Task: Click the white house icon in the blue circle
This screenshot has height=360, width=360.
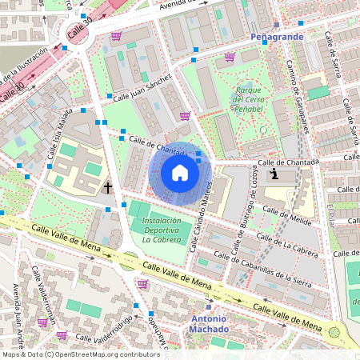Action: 180,172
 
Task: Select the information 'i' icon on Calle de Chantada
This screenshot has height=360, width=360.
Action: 274,174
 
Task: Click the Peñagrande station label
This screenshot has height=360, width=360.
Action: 275,38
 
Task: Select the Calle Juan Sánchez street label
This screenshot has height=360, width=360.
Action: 142,88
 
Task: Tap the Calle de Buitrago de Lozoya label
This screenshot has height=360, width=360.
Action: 242,214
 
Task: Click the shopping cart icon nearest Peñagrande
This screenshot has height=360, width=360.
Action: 230,57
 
